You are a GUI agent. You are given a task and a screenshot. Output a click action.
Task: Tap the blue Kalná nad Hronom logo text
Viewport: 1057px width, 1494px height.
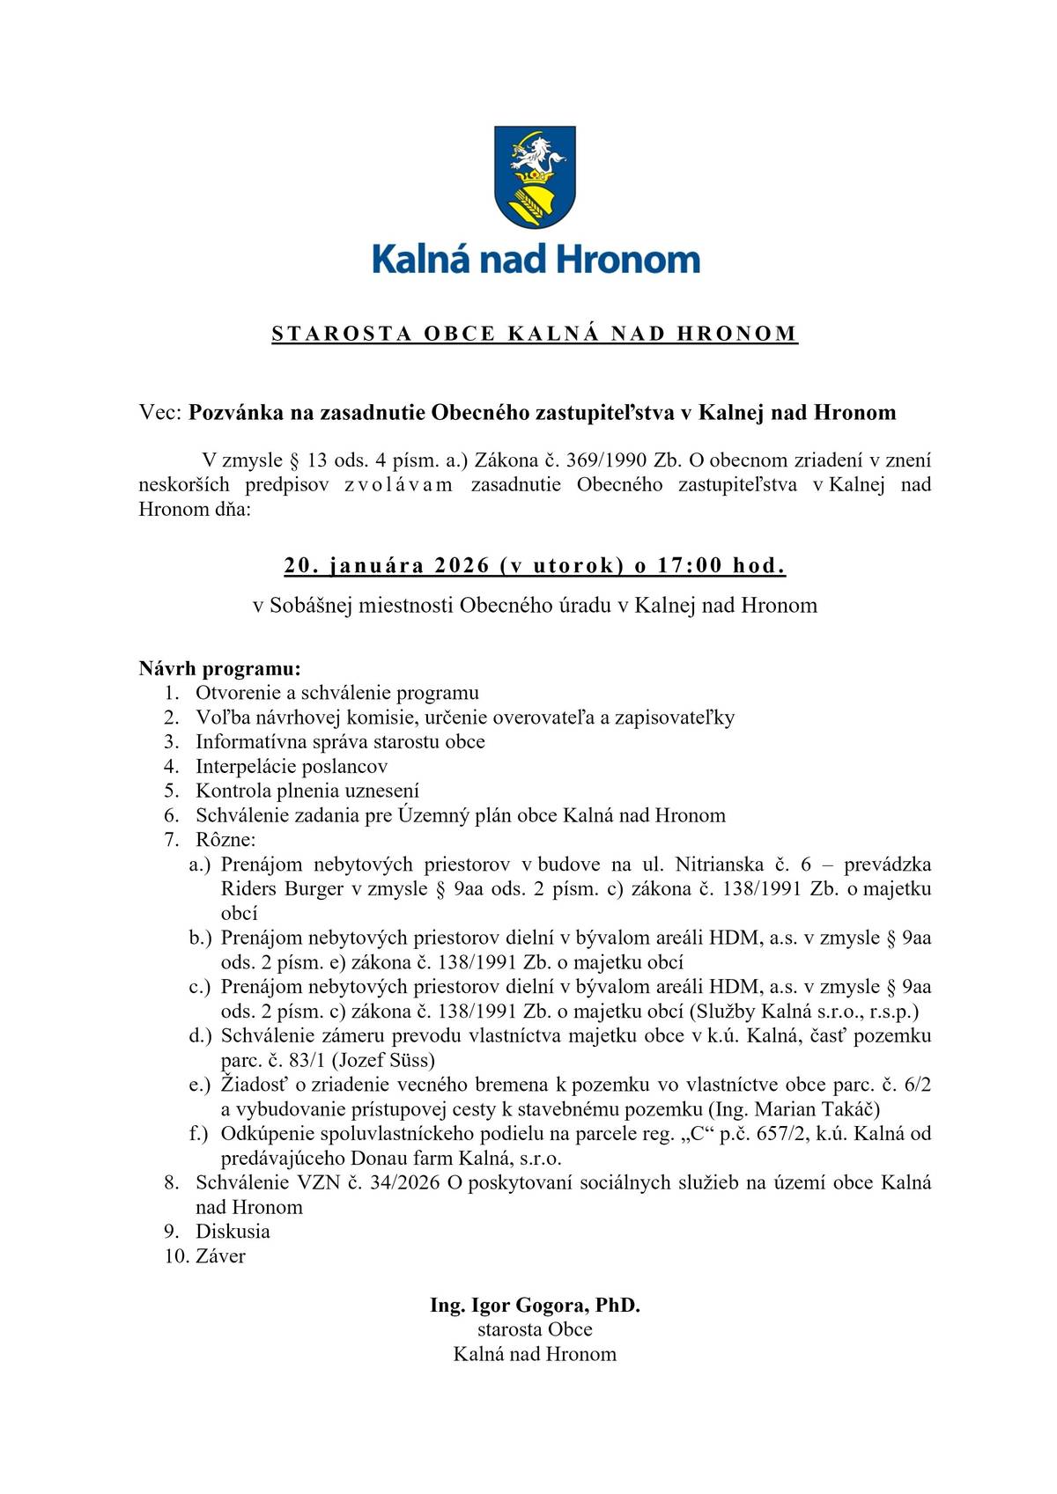(x=536, y=260)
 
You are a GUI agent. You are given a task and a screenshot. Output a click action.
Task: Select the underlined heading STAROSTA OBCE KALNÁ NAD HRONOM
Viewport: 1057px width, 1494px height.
(x=535, y=334)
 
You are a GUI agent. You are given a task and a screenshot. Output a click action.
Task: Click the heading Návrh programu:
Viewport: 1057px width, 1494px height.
(x=219, y=668)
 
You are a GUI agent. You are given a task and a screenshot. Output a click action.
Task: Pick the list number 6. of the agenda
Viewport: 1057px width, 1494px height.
(x=172, y=815)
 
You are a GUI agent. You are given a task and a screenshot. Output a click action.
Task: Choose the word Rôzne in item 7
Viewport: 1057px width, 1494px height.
(x=223, y=840)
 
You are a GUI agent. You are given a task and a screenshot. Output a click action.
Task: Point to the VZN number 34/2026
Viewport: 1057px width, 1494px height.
(x=404, y=1182)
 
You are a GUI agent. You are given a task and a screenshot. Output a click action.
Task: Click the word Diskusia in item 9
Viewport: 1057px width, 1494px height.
(x=233, y=1232)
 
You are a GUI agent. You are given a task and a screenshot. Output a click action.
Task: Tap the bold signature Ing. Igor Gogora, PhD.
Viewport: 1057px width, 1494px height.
(x=535, y=1305)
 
